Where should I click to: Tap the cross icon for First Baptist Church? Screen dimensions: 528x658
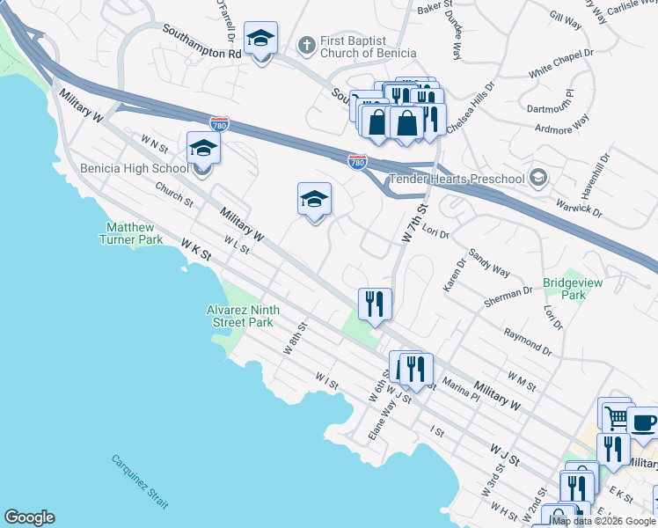point(307,42)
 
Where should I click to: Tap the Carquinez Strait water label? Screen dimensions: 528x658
point(140,481)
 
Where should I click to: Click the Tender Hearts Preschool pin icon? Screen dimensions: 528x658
point(539,179)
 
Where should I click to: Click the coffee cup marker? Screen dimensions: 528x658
point(642,422)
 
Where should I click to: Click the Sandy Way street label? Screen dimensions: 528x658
point(490,261)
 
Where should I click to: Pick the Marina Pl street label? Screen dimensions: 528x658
point(461,386)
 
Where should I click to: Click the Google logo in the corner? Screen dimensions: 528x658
point(29,517)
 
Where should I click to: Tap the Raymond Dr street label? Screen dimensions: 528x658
point(527,343)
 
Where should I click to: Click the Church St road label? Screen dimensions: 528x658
point(174,194)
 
